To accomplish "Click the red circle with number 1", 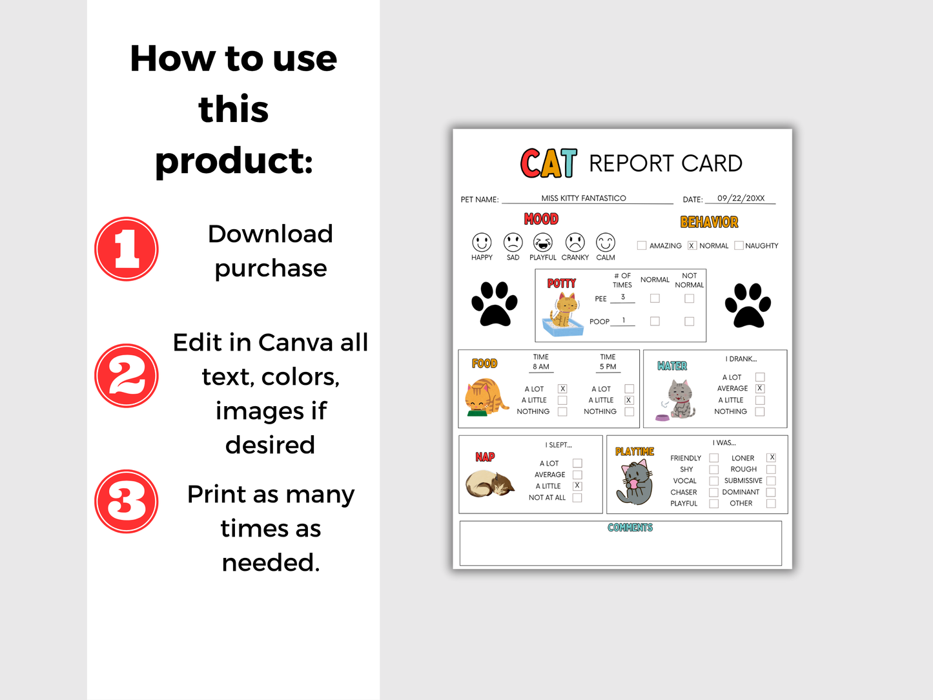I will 127,249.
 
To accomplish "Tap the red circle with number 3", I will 127,501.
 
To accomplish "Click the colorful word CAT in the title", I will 549,163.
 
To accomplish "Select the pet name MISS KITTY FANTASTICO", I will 584,198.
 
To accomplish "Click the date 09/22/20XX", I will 741,198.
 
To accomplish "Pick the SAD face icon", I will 513,243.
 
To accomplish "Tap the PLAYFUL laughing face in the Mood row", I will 543,243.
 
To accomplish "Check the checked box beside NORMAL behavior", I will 692,245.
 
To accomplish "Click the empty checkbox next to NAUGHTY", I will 739,245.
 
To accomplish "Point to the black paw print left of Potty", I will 495,304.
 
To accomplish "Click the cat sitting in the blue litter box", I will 564,314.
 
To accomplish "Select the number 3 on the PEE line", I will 623,297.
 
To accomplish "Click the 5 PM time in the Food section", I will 608,367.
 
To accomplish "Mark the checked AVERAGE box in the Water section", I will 760,388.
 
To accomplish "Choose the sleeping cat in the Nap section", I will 490,483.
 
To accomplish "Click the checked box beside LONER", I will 772,457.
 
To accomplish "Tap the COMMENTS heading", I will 630,528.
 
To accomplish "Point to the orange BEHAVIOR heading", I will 709,222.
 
